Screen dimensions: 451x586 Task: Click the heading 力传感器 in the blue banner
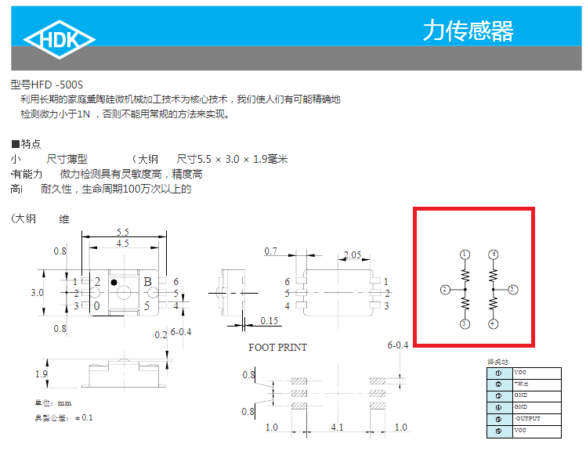pos(468,31)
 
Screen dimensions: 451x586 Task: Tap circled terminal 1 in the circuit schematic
pos(465,254)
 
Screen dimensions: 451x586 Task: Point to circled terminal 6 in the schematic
pos(493,254)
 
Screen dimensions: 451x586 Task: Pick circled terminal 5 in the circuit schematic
pos(512,290)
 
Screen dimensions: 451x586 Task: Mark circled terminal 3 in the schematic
pos(465,323)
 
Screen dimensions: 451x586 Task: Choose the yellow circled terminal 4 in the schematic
pos(493,323)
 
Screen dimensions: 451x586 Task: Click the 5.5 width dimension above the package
pos(123,232)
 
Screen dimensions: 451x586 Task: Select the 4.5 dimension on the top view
pos(123,244)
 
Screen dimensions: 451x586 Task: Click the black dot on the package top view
pos(114,281)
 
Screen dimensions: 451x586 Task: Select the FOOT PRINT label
pos(278,347)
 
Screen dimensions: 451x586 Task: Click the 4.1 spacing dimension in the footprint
pos(336,428)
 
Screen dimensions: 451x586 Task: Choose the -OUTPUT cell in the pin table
pos(526,419)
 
